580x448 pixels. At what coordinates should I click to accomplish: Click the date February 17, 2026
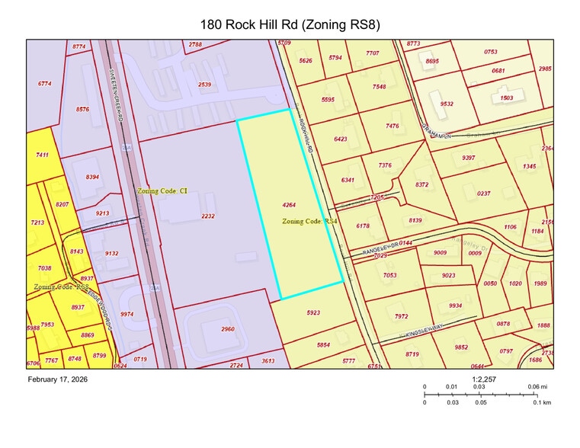point(58,379)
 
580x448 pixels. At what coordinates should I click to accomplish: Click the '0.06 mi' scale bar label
point(538,387)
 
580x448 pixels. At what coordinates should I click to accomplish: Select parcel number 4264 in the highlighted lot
point(289,205)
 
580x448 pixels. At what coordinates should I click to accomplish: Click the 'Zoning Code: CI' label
point(162,191)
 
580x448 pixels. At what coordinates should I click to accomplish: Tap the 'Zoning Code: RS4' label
point(309,221)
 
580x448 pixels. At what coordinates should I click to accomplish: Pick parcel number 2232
point(207,216)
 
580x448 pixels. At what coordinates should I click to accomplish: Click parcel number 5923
point(314,312)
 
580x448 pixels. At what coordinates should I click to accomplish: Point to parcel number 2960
point(227,328)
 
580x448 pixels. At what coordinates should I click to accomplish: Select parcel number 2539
point(204,84)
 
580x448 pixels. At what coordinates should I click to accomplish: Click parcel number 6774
point(45,84)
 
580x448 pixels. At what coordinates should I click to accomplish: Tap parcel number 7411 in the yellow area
point(43,155)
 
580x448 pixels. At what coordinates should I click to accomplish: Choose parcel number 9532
point(447,104)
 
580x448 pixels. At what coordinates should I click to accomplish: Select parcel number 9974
point(127,314)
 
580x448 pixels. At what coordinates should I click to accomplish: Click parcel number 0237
point(483,194)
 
